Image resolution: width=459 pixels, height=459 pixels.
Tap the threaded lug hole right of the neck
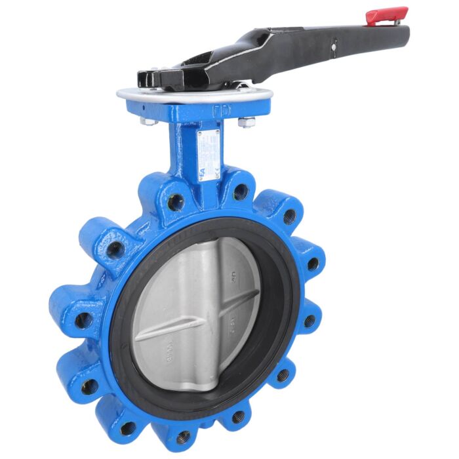[x=241, y=191]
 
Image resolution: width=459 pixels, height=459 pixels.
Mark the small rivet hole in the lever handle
[x=334, y=46]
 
